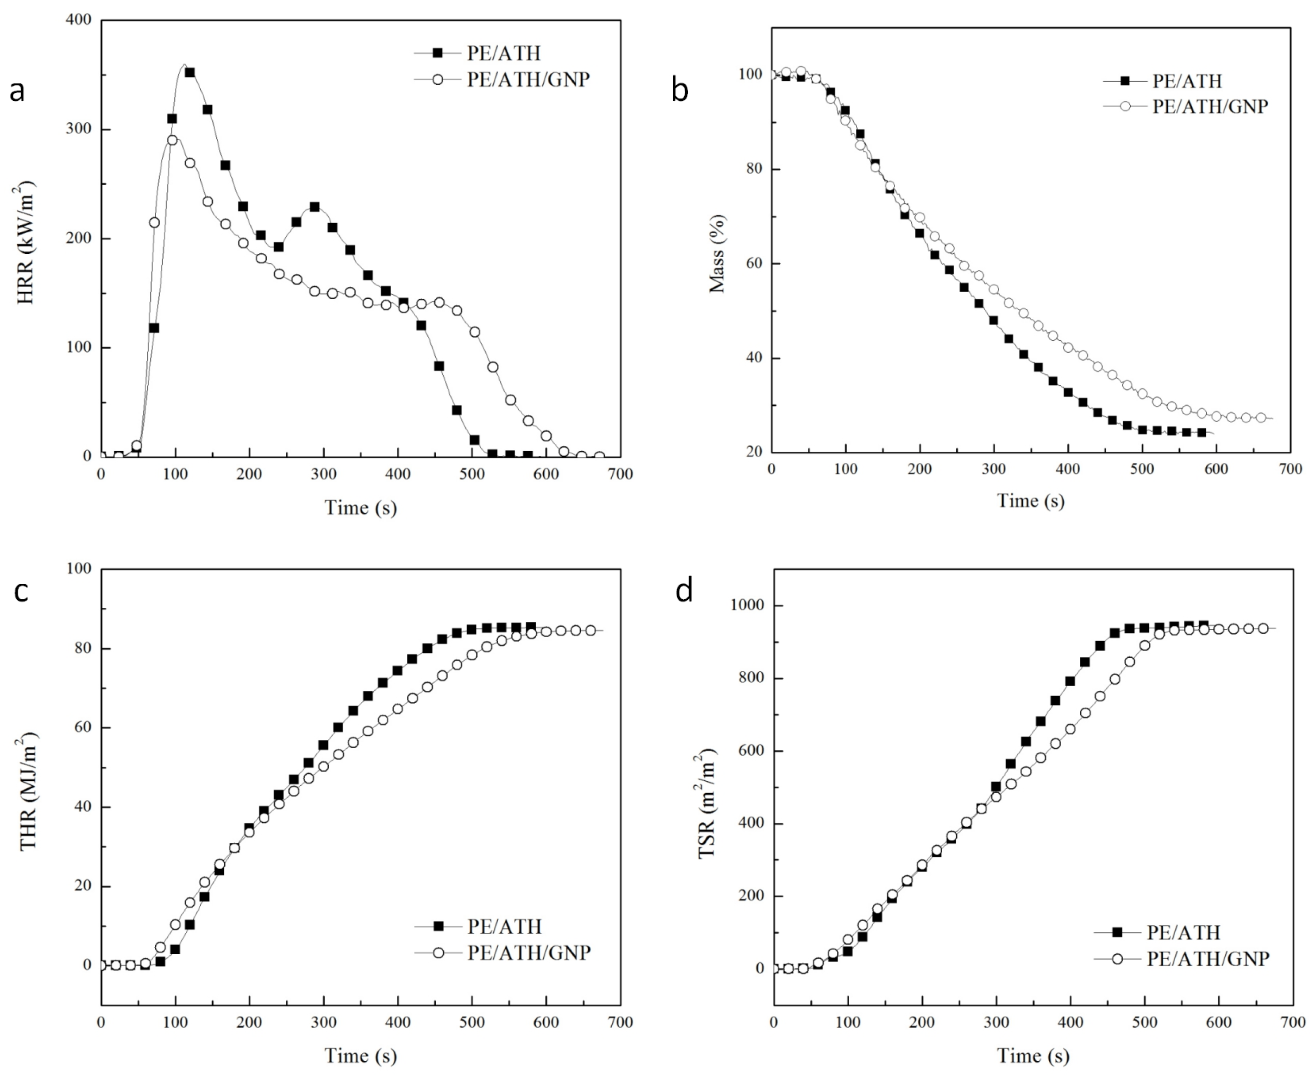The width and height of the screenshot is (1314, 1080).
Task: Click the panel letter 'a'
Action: (x=17, y=91)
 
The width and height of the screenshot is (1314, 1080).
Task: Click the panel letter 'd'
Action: (x=684, y=591)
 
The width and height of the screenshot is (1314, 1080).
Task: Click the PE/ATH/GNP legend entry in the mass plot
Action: (x=1209, y=107)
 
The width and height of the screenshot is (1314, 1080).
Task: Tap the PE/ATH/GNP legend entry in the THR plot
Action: (x=528, y=952)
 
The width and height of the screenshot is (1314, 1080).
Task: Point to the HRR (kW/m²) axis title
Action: (x=25, y=243)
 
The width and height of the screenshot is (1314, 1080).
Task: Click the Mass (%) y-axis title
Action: (x=716, y=254)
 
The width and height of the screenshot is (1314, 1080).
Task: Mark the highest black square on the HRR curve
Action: (x=190, y=73)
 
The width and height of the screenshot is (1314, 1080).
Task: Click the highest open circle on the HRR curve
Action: (x=172, y=140)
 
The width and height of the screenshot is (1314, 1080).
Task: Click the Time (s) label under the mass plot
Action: (x=1031, y=501)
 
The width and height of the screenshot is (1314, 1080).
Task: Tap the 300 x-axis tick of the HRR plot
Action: (x=323, y=475)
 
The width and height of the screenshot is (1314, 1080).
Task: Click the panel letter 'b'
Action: (x=680, y=91)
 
